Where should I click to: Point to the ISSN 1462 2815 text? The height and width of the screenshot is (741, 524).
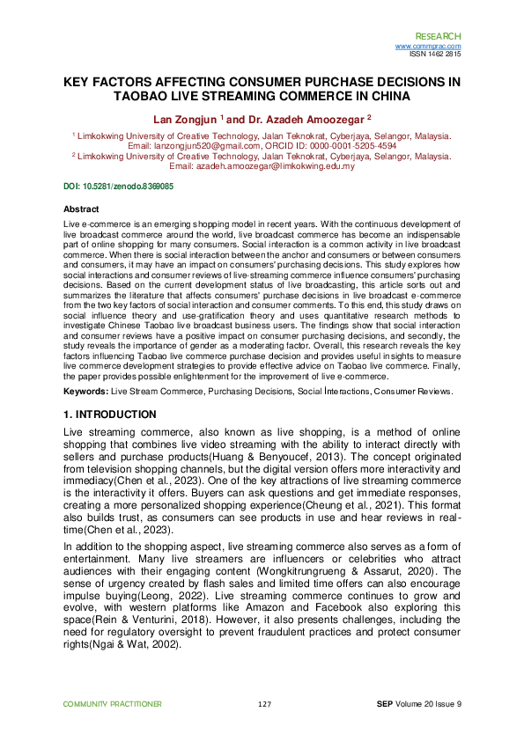tap(435, 53)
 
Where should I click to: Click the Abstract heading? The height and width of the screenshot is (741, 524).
tap(81, 209)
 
